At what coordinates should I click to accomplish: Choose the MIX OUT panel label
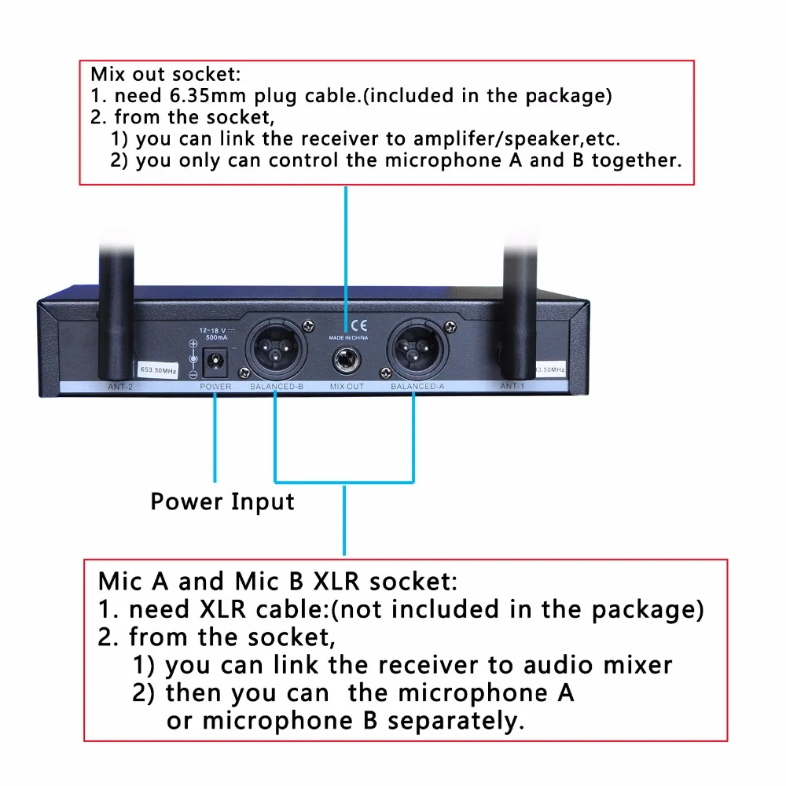click(x=346, y=387)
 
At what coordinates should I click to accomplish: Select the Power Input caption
click(x=222, y=501)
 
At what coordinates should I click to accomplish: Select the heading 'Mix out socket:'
click(x=166, y=75)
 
